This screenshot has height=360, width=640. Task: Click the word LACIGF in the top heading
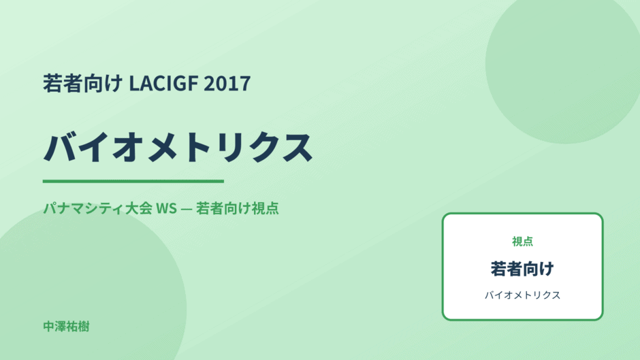(x=163, y=83)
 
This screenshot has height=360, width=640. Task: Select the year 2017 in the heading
(x=227, y=83)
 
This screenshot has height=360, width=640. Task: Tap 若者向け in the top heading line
(x=83, y=83)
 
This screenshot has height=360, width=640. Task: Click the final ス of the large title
(x=296, y=147)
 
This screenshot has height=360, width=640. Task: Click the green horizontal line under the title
(x=133, y=181)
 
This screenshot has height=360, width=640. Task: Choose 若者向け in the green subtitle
(x=223, y=208)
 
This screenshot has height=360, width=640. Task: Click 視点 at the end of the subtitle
(x=265, y=208)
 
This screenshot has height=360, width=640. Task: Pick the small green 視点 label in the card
(x=522, y=241)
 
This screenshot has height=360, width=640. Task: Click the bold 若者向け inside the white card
(x=522, y=269)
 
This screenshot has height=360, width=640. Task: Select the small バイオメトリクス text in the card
(x=522, y=295)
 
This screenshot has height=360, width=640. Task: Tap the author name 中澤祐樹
(x=66, y=327)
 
